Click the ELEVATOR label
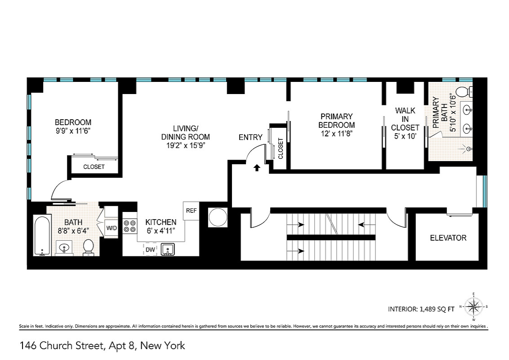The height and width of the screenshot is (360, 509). coord(448,238)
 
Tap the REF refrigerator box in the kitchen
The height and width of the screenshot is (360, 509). coord(191,211)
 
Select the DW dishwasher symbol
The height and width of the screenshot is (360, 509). coord(150,250)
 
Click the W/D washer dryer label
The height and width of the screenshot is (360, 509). coord(112,228)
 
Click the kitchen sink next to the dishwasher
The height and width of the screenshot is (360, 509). coord(168,250)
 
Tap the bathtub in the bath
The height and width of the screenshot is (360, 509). coord(42,236)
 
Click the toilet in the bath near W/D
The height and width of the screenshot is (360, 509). coord(88,247)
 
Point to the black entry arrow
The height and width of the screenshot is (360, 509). coord(257,168)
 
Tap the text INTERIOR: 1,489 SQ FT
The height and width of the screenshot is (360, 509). coord(421,309)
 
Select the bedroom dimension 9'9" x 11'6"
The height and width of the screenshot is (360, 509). coord(72,131)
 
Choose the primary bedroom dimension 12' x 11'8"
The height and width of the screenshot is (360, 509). coord(337,134)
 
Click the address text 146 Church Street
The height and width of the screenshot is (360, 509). coord(61,346)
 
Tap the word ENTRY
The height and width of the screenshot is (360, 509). coord(250,137)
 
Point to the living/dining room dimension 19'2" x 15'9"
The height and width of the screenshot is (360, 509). coord(186,145)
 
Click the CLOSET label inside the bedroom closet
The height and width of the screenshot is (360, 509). coord(94,166)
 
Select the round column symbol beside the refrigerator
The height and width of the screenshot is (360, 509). coord(218,217)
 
